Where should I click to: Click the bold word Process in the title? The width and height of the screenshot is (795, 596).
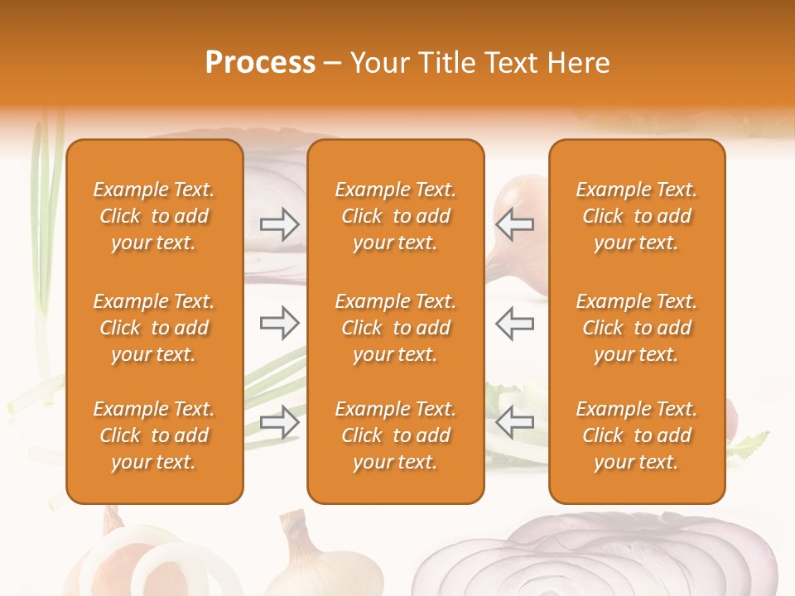point(260,63)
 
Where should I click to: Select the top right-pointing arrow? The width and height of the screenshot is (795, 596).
point(280,224)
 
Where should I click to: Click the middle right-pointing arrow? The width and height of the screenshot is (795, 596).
point(280,323)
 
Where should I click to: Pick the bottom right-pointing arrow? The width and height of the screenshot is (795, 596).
point(280,422)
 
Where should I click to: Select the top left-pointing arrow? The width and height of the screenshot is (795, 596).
point(514,224)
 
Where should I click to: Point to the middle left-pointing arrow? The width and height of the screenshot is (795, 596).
point(514,323)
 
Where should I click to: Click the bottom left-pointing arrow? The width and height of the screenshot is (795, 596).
point(514,422)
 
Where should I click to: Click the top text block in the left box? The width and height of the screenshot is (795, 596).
point(154,216)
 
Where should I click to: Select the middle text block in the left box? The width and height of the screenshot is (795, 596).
point(154,328)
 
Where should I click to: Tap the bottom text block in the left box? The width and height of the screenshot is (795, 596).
point(154,435)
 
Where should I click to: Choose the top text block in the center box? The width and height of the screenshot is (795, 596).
point(395,216)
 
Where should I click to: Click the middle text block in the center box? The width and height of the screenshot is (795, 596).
point(395,328)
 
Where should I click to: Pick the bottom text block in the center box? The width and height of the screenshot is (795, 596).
point(395,435)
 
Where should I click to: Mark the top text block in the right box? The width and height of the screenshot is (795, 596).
point(636,216)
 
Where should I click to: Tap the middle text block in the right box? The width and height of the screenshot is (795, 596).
point(636,328)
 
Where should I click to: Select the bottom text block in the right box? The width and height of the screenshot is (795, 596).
point(636,435)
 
